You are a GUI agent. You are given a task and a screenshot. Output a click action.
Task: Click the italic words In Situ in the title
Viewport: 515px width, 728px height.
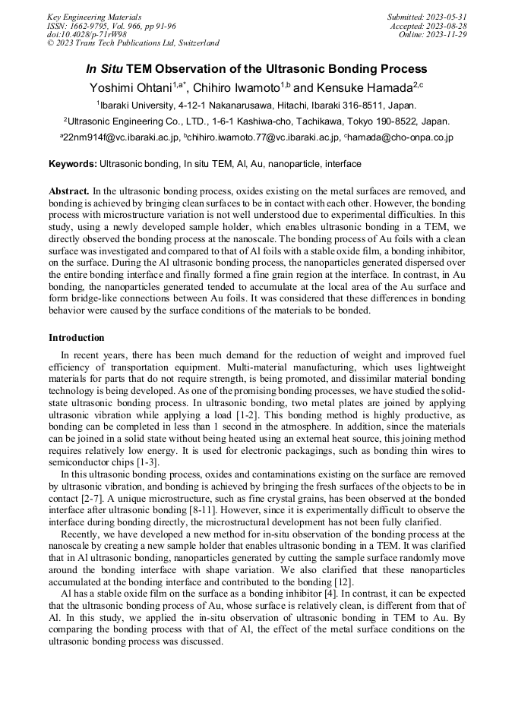pyautogui.click(x=105, y=69)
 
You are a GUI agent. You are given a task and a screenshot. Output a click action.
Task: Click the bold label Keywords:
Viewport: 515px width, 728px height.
pyautogui.click(x=73, y=163)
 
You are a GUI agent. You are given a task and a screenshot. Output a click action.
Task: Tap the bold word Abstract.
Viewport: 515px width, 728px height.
pyautogui.click(x=70, y=192)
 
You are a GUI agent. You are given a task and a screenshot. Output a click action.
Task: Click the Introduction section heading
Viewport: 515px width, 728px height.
pyautogui.click(x=77, y=337)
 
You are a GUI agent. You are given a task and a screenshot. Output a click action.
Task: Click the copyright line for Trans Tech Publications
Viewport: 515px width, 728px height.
pyautogui.click(x=133, y=43)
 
